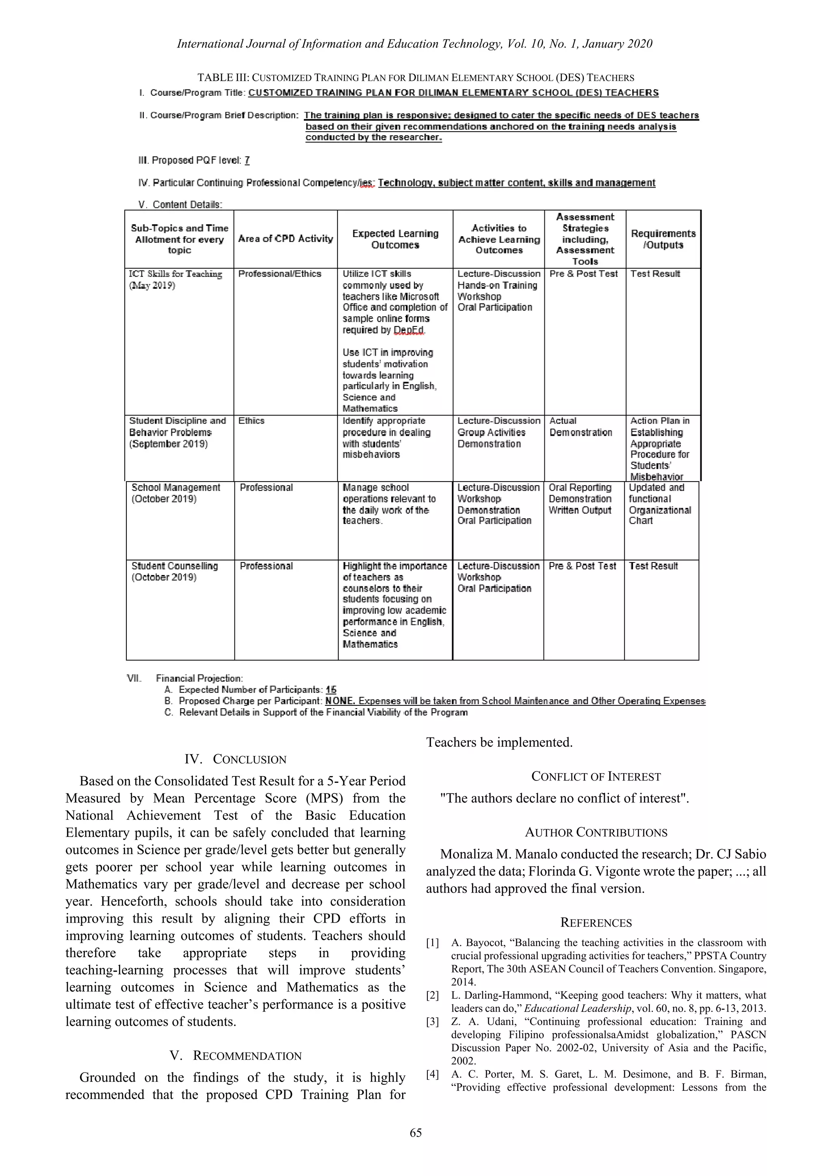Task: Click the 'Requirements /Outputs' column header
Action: tap(663, 239)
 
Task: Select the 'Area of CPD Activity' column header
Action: tap(285, 239)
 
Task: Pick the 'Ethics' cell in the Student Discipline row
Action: tap(251, 421)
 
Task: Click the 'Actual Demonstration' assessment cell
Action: tap(581, 427)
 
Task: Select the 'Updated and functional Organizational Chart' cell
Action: tap(660, 504)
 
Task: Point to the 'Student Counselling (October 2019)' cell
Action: tap(174, 572)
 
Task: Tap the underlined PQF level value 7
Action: tap(247, 160)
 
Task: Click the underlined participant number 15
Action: tap(331, 690)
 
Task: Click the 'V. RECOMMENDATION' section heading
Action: tap(235, 1056)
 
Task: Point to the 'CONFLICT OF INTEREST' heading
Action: tap(596, 776)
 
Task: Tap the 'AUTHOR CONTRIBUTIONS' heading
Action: tap(596, 832)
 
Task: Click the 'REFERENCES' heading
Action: tap(596, 923)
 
